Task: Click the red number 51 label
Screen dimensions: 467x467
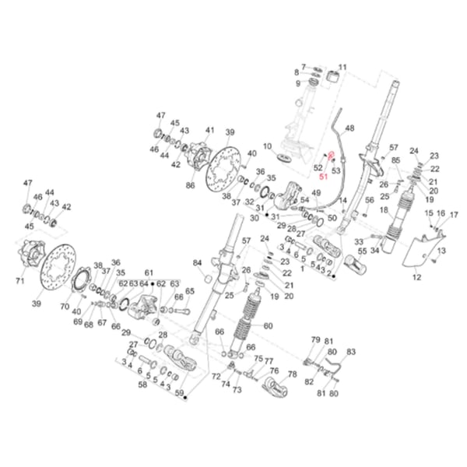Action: coord(324,177)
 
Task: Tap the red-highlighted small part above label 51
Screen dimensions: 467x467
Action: coord(331,158)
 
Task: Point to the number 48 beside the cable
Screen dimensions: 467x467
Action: coord(349,128)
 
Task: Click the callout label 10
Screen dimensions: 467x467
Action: coord(266,146)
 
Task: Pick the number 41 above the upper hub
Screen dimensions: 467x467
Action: coord(209,130)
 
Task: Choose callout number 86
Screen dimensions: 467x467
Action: coord(190,186)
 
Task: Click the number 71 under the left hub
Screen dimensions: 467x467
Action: coord(21,279)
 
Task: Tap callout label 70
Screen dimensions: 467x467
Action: coord(65,307)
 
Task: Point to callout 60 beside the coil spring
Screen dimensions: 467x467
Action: coord(269,326)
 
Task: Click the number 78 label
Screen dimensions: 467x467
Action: coord(293,374)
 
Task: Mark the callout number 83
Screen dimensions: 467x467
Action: coord(351,352)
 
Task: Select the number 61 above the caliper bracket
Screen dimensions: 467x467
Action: coord(149,273)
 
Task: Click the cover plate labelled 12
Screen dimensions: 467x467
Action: coord(423,249)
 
